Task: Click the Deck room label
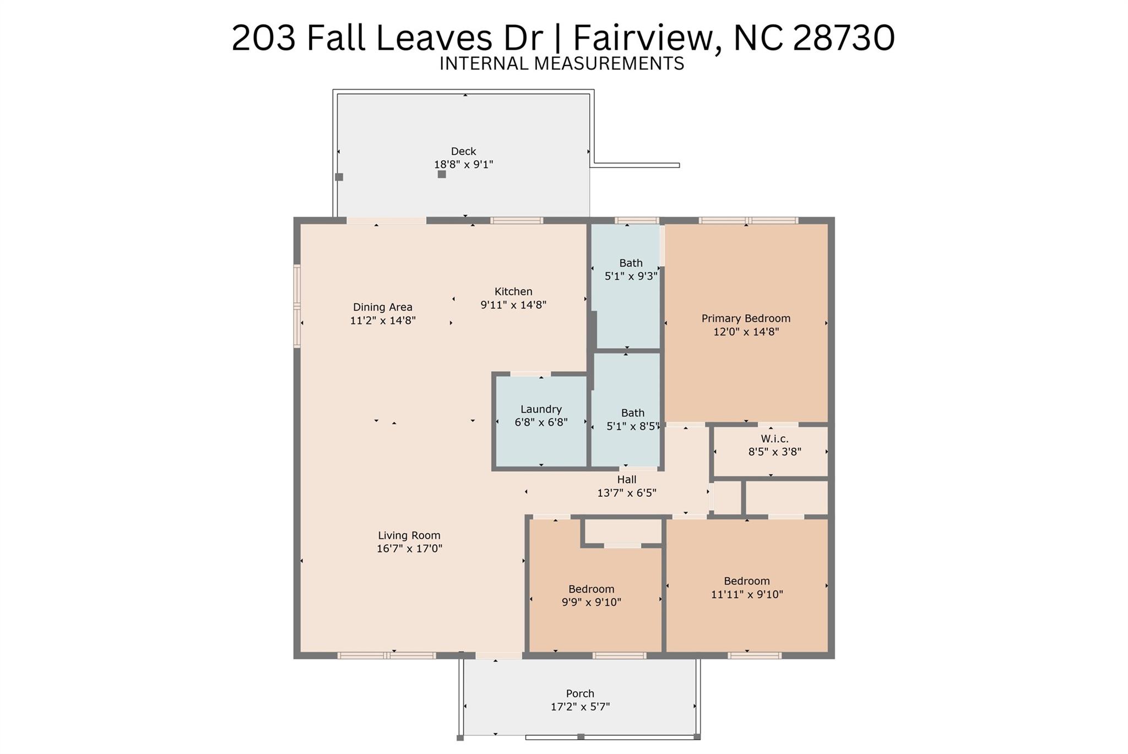pos(463,151)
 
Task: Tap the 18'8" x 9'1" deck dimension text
pos(463,164)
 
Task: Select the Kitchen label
pos(513,291)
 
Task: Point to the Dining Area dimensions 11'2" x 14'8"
pos(383,321)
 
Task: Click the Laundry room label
pos(541,409)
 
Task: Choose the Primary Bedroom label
pos(746,318)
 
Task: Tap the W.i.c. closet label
pos(774,439)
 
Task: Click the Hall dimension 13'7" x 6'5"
pos(627,493)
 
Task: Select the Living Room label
pos(409,535)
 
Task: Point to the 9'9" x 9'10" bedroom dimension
pos(592,603)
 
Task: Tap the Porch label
pos(580,694)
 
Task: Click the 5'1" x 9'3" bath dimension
pos(631,276)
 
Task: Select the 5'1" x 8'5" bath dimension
pos(633,426)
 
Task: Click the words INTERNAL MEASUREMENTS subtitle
pos(562,64)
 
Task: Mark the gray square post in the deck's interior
pos(442,175)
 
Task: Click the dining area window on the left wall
pos(297,306)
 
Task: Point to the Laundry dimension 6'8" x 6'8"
pos(541,422)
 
